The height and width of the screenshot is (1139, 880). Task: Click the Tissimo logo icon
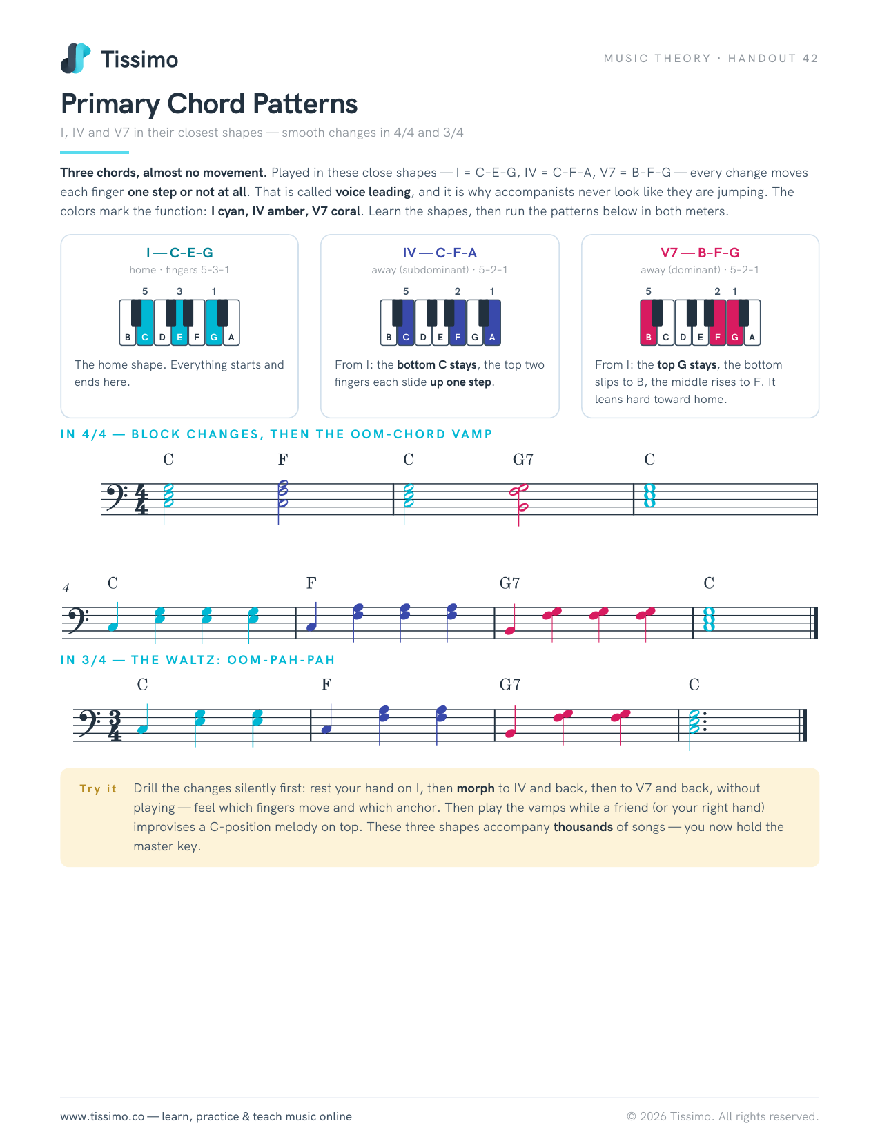pyautogui.click(x=75, y=58)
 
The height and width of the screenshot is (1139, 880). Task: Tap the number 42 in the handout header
pyautogui.click(x=810, y=58)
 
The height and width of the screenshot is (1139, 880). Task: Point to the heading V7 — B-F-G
pyautogui.click(x=700, y=253)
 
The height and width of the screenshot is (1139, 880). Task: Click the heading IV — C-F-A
pyautogui.click(x=440, y=253)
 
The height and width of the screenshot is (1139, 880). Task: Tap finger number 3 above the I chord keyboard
pyautogui.click(x=179, y=291)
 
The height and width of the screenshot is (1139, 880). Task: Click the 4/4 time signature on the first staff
pyautogui.click(x=141, y=499)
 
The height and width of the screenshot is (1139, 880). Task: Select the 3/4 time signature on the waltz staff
pyautogui.click(x=115, y=726)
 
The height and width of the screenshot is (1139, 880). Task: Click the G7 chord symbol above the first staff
pyautogui.click(x=522, y=459)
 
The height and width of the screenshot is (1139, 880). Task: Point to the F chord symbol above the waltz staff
pyautogui.click(x=326, y=684)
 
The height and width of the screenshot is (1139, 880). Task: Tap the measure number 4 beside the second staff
pyautogui.click(x=66, y=588)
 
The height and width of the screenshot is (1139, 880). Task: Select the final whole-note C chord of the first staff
pyautogui.click(x=649, y=496)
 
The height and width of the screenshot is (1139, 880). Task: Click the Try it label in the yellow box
pyautogui.click(x=98, y=788)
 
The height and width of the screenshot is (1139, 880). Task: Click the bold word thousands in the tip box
pyautogui.click(x=583, y=826)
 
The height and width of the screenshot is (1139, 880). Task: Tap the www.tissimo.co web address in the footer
pyautogui.click(x=102, y=1116)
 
